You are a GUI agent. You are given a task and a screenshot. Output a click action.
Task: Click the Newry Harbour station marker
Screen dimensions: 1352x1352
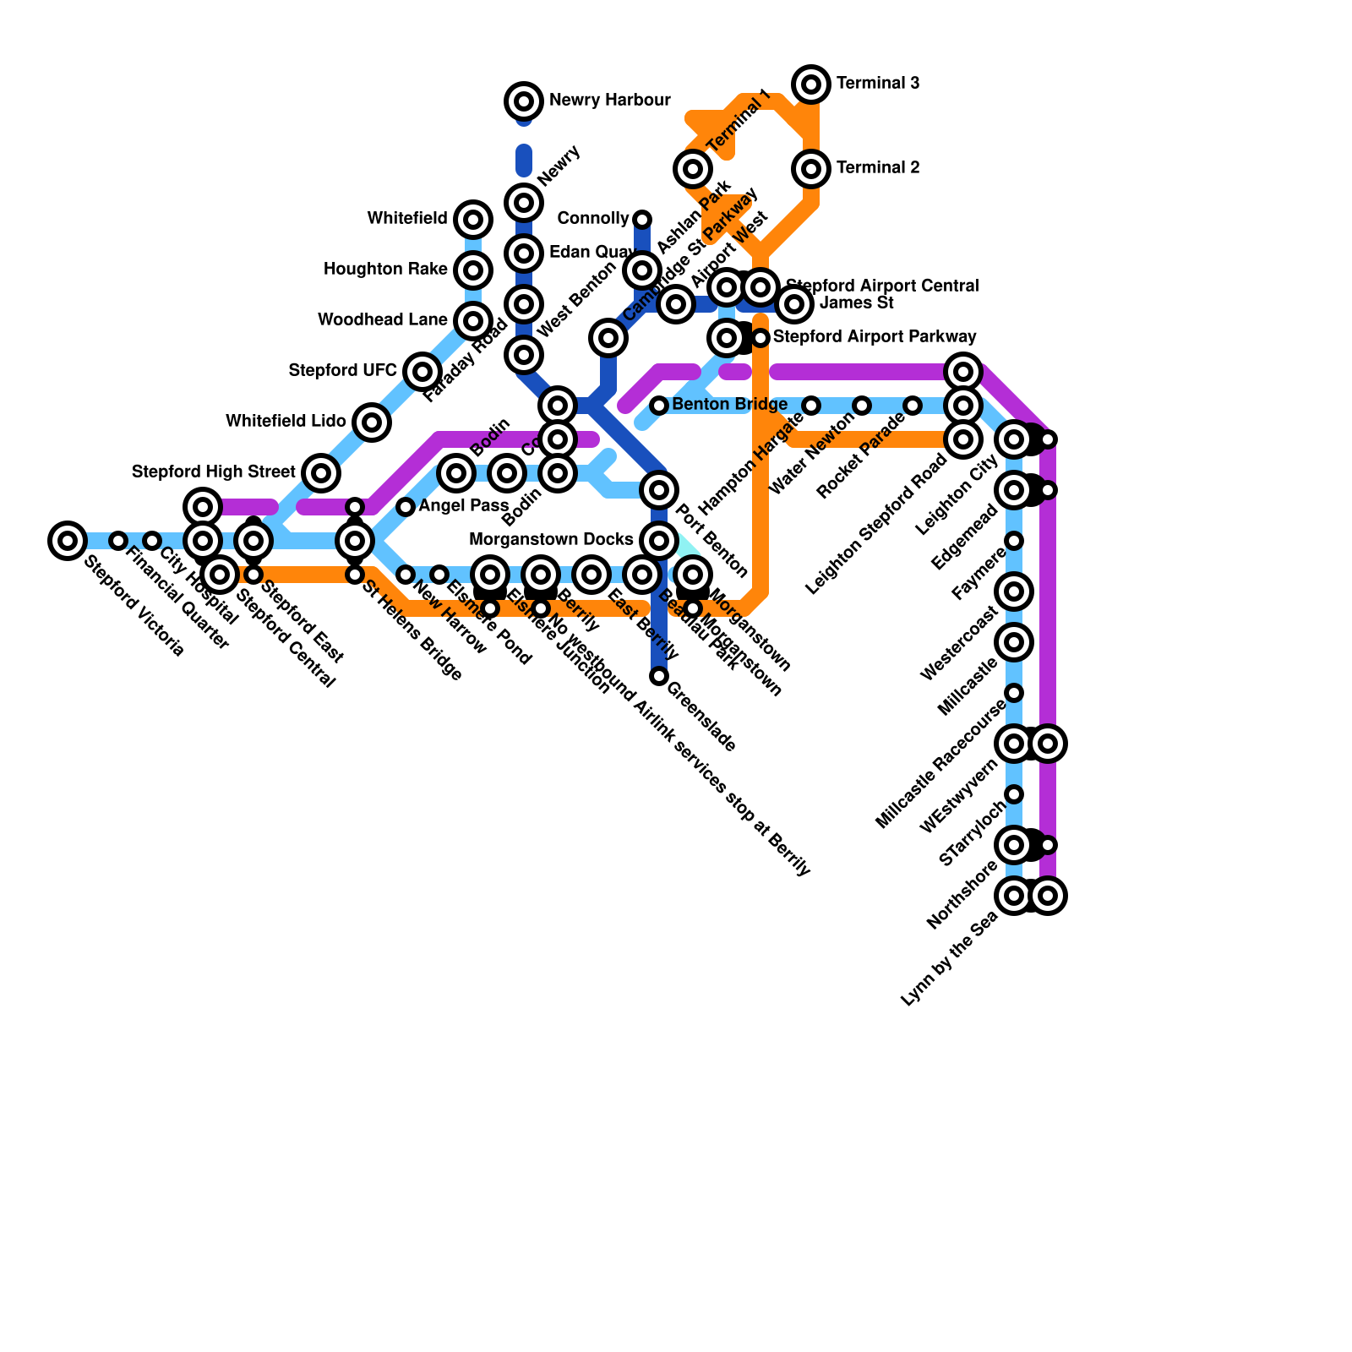[524, 101]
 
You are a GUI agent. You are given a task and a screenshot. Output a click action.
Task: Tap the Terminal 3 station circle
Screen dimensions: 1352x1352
[811, 84]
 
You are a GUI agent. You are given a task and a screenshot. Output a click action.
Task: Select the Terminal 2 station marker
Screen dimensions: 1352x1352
[811, 169]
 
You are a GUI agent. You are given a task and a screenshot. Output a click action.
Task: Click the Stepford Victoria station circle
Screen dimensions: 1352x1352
[68, 540]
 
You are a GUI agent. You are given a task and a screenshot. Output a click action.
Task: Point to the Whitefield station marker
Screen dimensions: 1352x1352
[473, 220]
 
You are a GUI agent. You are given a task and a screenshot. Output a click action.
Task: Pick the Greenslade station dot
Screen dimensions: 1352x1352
[659, 676]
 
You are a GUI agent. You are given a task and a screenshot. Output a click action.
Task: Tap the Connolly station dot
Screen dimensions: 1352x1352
[642, 220]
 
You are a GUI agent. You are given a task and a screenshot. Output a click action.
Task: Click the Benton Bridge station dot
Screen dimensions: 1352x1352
[659, 406]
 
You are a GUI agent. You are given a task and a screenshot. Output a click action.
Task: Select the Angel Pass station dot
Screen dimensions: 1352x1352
[406, 507]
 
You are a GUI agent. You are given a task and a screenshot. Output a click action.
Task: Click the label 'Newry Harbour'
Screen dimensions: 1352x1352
[609, 101]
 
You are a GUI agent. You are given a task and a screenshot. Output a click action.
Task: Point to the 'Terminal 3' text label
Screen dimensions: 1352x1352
[877, 84]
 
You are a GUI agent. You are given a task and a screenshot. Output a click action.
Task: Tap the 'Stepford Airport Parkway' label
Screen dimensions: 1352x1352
[875, 337]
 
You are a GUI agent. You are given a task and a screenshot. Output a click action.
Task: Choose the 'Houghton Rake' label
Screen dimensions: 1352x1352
[385, 270]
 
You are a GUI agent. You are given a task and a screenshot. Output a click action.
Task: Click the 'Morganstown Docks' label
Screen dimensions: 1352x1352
[551, 540]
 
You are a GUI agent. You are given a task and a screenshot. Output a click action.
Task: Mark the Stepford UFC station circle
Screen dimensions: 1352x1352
[422, 371]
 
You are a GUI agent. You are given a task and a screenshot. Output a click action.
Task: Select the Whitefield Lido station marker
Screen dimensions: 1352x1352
[372, 422]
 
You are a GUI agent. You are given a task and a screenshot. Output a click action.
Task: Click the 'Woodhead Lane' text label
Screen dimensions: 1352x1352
[382, 320]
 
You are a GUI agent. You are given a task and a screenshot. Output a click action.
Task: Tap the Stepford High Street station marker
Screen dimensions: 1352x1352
[321, 472]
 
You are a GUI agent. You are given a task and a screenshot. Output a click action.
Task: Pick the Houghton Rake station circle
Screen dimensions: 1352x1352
[473, 270]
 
